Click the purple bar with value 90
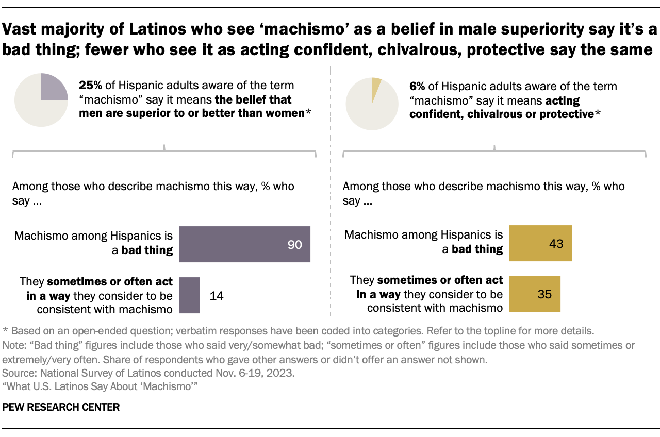pyautogui.click(x=244, y=244)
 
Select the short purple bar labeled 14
pyautogui.click(x=189, y=295)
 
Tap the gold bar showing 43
pyautogui.click(x=540, y=243)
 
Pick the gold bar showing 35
pyautogui.click(x=535, y=294)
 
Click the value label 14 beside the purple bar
pyautogui.click(x=217, y=296)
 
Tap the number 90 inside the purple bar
pyautogui.click(x=294, y=245)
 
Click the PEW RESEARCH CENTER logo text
pyautogui.click(x=61, y=407)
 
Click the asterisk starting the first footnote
pyautogui.click(x=5, y=331)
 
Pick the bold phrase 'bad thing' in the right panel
pyautogui.click(x=477, y=249)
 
